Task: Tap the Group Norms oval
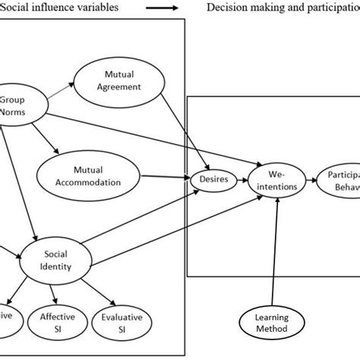[x=14, y=106]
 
